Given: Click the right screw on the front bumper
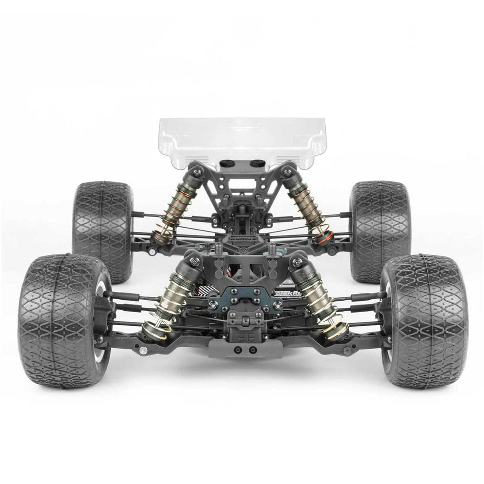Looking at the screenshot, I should pos(252,350).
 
